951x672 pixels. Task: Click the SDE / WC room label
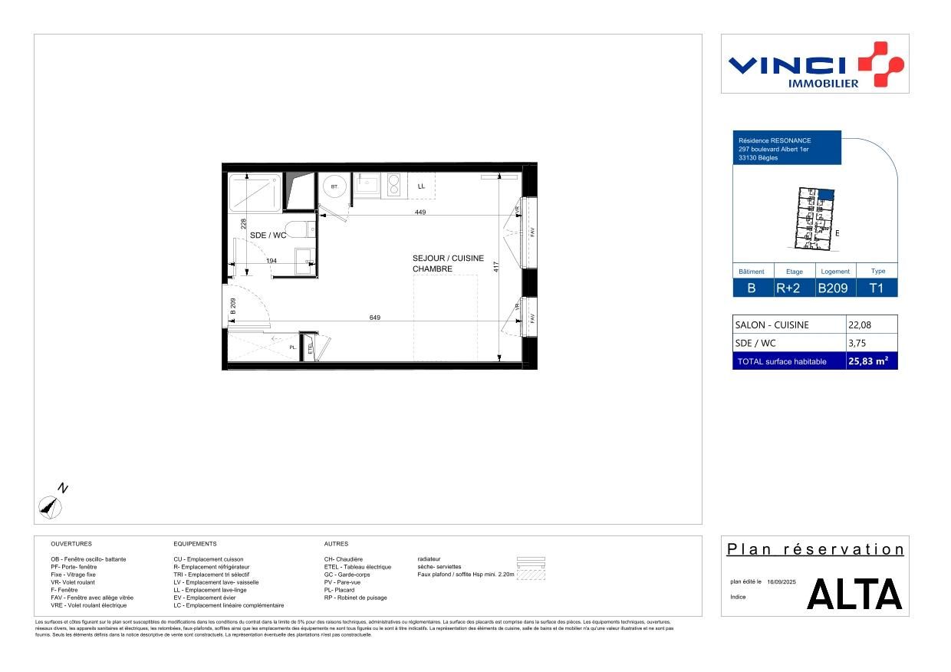[268, 236]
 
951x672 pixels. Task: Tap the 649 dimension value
[375, 318]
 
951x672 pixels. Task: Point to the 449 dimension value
[420, 212]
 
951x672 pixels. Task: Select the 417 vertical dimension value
[496, 267]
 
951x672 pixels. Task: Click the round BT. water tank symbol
[334, 187]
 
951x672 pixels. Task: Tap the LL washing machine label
[421, 186]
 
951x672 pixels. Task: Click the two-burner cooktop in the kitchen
[395, 185]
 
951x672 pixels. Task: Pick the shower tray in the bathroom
[254, 192]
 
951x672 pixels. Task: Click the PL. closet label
[293, 348]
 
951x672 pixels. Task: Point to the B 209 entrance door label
[232, 307]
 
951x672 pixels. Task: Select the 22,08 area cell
[860, 325]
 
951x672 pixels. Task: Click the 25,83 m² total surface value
[867, 361]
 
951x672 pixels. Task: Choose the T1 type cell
[877, 288]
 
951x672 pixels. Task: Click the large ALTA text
[854, 595]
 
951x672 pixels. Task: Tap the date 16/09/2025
[782, 582]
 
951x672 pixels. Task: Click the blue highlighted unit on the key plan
[825, 196]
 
